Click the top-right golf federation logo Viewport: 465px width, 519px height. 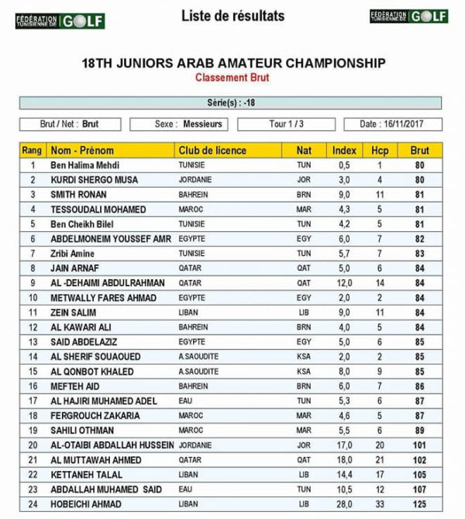coord(408,16)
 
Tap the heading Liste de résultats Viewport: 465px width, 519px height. coord(232,16)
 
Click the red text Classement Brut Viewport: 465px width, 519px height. coord(233,78)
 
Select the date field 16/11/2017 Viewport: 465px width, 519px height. coord(401,124)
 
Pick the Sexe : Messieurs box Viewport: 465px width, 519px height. coord(179,124)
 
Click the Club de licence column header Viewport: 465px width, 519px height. coord(212,151)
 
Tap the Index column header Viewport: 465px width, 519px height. coord(344,151)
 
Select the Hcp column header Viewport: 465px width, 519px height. coord(380,151)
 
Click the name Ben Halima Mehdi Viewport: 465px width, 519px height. coord(85,165)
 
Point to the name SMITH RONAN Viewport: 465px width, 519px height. coord(78,195)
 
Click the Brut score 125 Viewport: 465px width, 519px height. coord(420,504)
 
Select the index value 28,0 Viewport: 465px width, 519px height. coord(344,504)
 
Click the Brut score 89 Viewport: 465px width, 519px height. coord(420,431)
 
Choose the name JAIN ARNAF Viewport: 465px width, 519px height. coord(75,268)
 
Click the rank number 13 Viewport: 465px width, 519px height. coord(33,342)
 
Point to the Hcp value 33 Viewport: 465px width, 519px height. coord(380,504)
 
